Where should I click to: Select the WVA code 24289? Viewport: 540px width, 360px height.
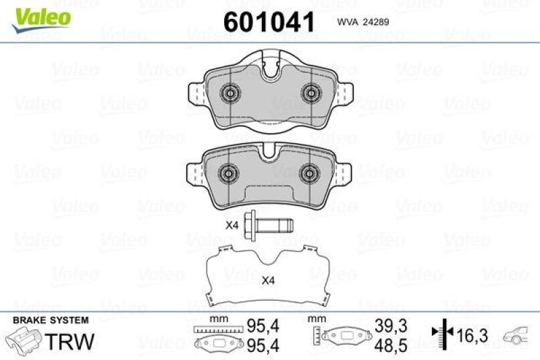[370, 21]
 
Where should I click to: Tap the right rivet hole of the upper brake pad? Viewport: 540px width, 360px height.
[310, 93]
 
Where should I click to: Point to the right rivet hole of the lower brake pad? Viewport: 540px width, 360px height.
[310, 172]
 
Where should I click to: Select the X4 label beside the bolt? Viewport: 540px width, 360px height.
[232, 225]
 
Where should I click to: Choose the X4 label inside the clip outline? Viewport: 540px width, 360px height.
[269, 280]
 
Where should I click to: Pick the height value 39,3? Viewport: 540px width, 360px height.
[392, 326]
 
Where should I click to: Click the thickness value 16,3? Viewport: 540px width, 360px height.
[472, 333]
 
